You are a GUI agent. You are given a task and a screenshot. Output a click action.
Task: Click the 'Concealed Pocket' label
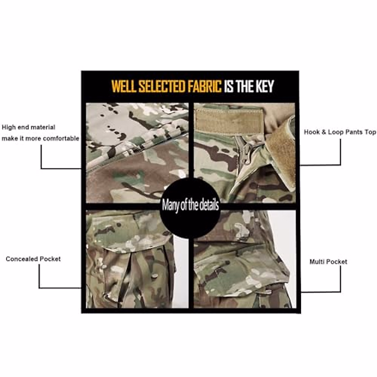coord(33,259)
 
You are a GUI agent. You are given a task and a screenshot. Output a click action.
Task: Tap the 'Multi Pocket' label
coord(328,262)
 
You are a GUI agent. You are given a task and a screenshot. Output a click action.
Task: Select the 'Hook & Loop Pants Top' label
coord(340,132)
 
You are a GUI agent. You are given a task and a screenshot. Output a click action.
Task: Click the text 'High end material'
coord(29,127)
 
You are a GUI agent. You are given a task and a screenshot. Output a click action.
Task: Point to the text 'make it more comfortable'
coord(40,139)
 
